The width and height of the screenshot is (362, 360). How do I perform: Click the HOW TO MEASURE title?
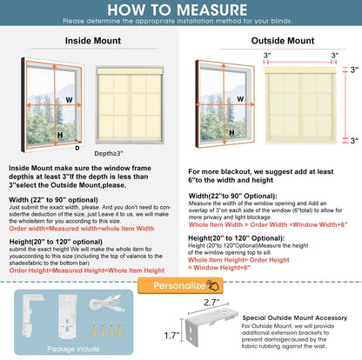181,10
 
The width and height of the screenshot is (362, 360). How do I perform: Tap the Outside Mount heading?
271,39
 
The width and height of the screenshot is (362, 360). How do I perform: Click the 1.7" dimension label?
196,332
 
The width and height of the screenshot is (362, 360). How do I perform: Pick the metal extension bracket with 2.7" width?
234,329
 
